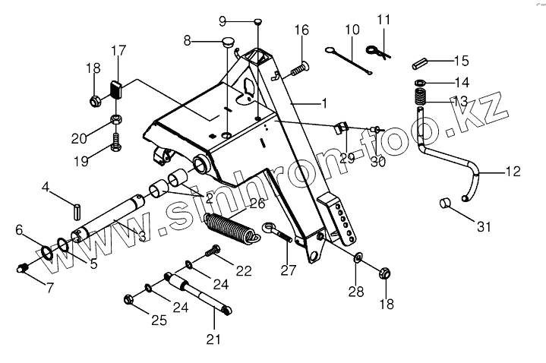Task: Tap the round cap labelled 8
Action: [227, 41]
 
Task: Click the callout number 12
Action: [514, 172]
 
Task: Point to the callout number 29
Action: [348, 158]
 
